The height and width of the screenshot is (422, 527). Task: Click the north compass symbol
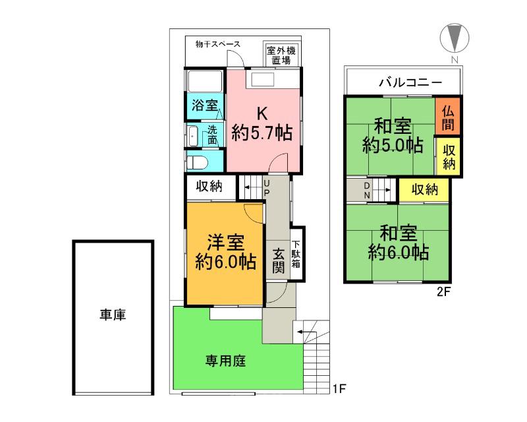click(x=455, y=38)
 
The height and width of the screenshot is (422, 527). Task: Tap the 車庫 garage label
click(x=113, y=315)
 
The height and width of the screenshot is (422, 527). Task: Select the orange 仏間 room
click(x=448, y=117)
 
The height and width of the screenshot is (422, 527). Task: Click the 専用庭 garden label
click(x=225, y=361)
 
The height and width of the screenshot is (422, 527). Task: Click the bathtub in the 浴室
click(x=205, y=80)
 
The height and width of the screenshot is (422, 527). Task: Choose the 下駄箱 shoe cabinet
click(x=298, y=254)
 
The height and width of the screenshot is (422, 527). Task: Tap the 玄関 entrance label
click(x=278, y=261)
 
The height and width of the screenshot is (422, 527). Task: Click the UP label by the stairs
click(x=266, y=188)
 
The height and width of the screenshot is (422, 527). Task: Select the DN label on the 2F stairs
click(x=367, y=191)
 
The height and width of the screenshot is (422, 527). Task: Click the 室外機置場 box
click(x=281, y=55)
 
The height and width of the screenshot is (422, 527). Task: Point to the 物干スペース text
click(x=218, y=44)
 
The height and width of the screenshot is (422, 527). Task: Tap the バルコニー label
click(x=410, y=82)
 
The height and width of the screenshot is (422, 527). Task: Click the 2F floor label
click(x=443, y=291)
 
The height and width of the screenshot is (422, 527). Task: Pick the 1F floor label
click(x=339, y=389)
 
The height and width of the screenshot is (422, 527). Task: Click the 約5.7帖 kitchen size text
click(x=262, y=133)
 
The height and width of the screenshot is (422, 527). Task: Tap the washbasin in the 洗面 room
click(x=193, y=136)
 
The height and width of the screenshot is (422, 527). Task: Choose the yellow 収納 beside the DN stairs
click(x=424, y=190)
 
